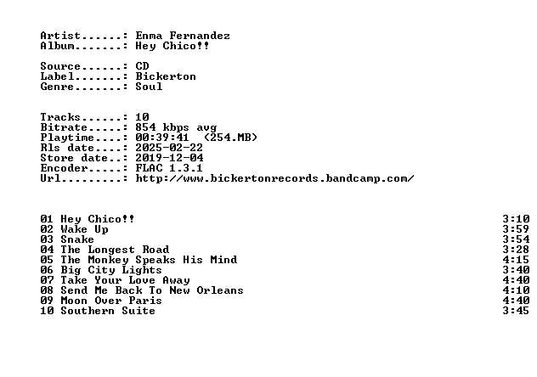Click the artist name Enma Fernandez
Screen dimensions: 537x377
point(183,36)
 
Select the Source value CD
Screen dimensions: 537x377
point(142,66)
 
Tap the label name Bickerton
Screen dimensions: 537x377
point(166,76)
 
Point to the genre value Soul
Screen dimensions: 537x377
point(149,87)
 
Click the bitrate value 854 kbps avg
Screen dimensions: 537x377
point(176,127)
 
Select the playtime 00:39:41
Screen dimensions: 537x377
point(162,138)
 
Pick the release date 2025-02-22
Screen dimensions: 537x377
point(169,148)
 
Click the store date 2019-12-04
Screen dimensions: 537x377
point(169,158)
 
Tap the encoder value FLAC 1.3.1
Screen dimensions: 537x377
point(169,168)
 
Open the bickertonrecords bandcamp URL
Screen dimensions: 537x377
point(274,178)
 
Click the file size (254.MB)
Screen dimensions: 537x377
point(230,138)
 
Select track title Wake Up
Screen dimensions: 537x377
point(85,229)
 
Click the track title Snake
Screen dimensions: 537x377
point(77,239)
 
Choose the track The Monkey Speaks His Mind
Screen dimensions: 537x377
point(149,260)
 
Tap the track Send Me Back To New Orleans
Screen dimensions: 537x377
point(152,290)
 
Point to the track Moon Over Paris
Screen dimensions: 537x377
point(111,301)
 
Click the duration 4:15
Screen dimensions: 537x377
point(516,260)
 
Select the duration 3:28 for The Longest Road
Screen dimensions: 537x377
point(516,250)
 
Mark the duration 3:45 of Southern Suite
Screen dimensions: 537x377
point(516,311)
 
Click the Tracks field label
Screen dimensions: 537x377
point(60,117)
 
